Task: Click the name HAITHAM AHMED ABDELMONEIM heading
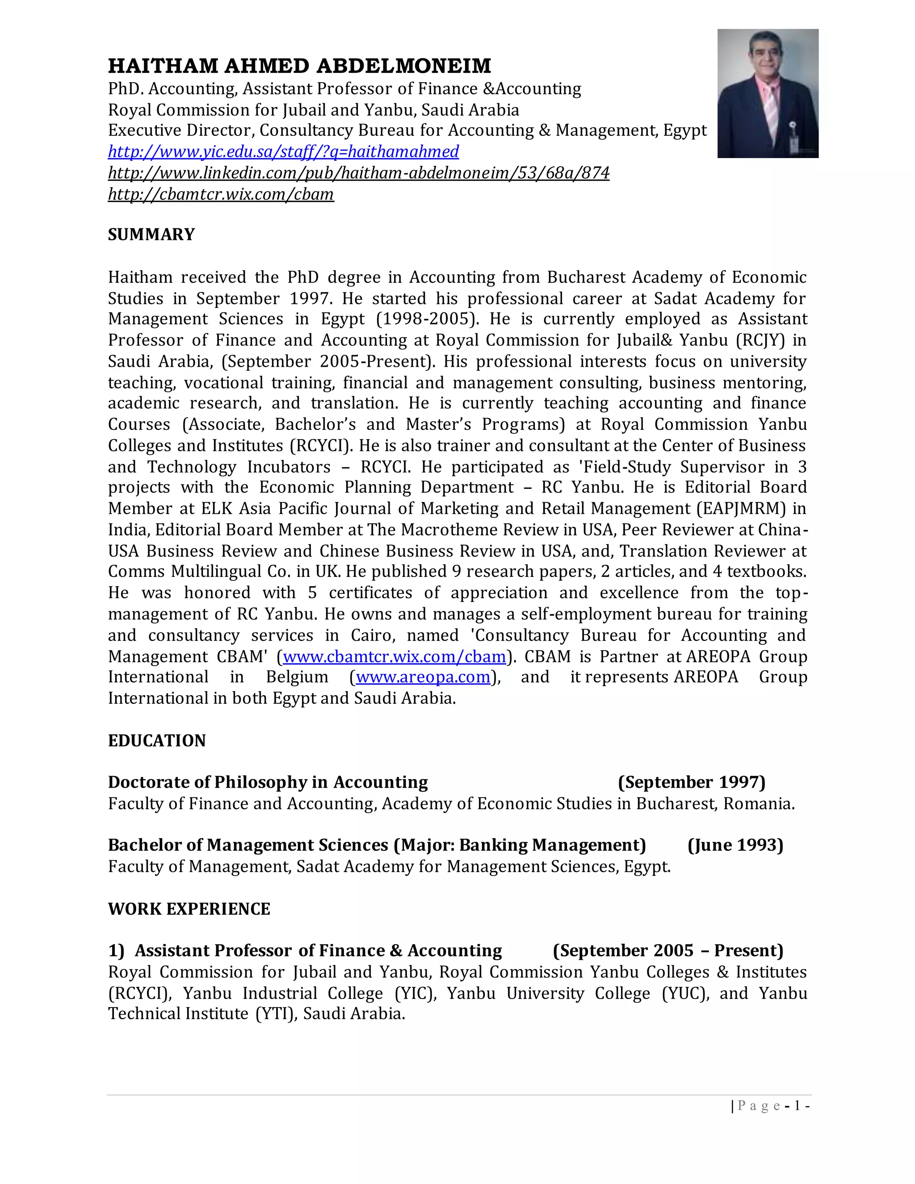pos(299,66)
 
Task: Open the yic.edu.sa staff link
pos(284,151)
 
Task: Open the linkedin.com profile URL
pos(358,173)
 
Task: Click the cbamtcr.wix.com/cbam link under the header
pos(221,194)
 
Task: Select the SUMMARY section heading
pos(151,234)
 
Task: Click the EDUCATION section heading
pos(157,740)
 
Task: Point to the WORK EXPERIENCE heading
pos(189,909)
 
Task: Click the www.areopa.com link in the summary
pos(423,677)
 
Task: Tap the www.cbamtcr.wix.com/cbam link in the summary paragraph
pos(394,656)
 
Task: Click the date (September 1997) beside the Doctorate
pos(692,782)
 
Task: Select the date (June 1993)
pos(735,845)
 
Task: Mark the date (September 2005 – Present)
pos(668,950)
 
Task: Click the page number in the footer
pos(797,1106)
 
